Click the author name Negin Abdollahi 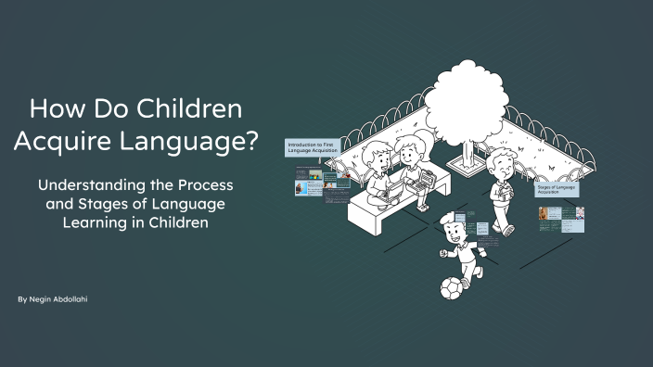click(60, 300)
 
